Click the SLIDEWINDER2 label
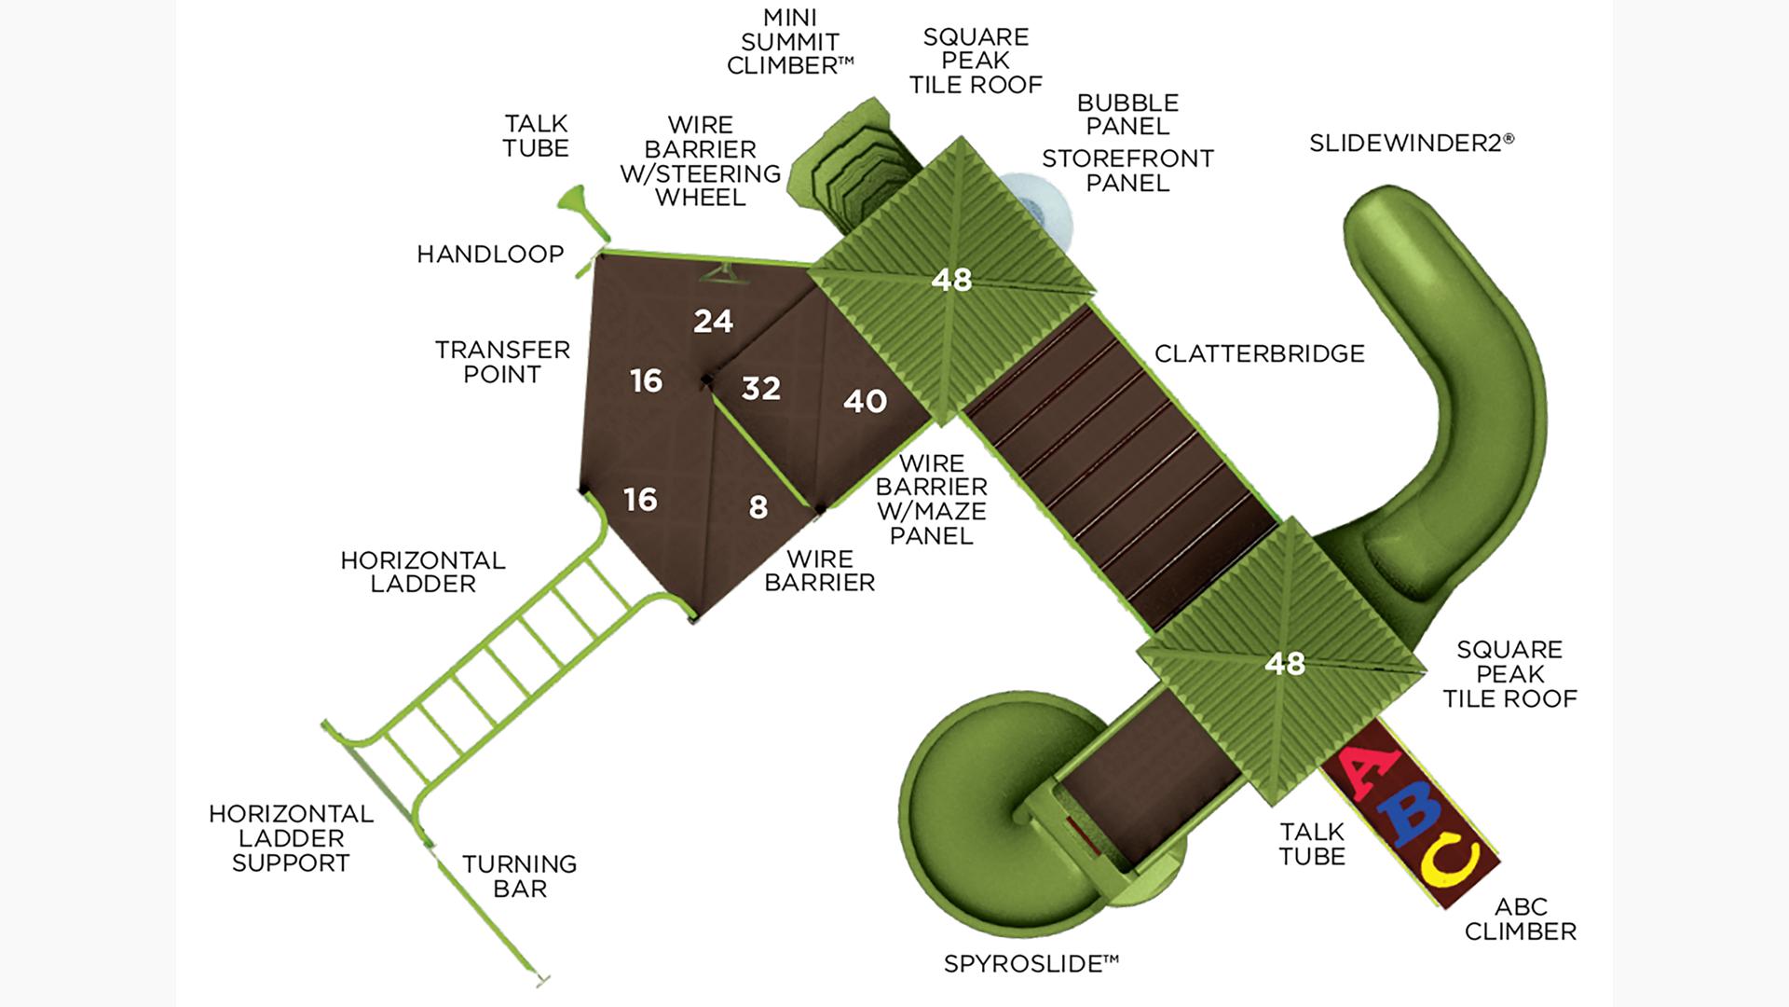click(1411, 143)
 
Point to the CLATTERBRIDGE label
click(1259, 353)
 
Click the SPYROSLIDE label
click(1031, 963)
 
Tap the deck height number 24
click(713, 321)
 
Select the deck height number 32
click(760, 388)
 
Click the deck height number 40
click(865, 401)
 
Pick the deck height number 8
click(758, 506)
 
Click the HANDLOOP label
click(490, 254)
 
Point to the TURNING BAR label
click(519, 876)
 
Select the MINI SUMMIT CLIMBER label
click(790, 42)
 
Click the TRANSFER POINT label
click(502, 362)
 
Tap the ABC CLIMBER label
click(1520, 918)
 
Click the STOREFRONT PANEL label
click(1127, 171)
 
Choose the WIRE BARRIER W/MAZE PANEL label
click(931, 499)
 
